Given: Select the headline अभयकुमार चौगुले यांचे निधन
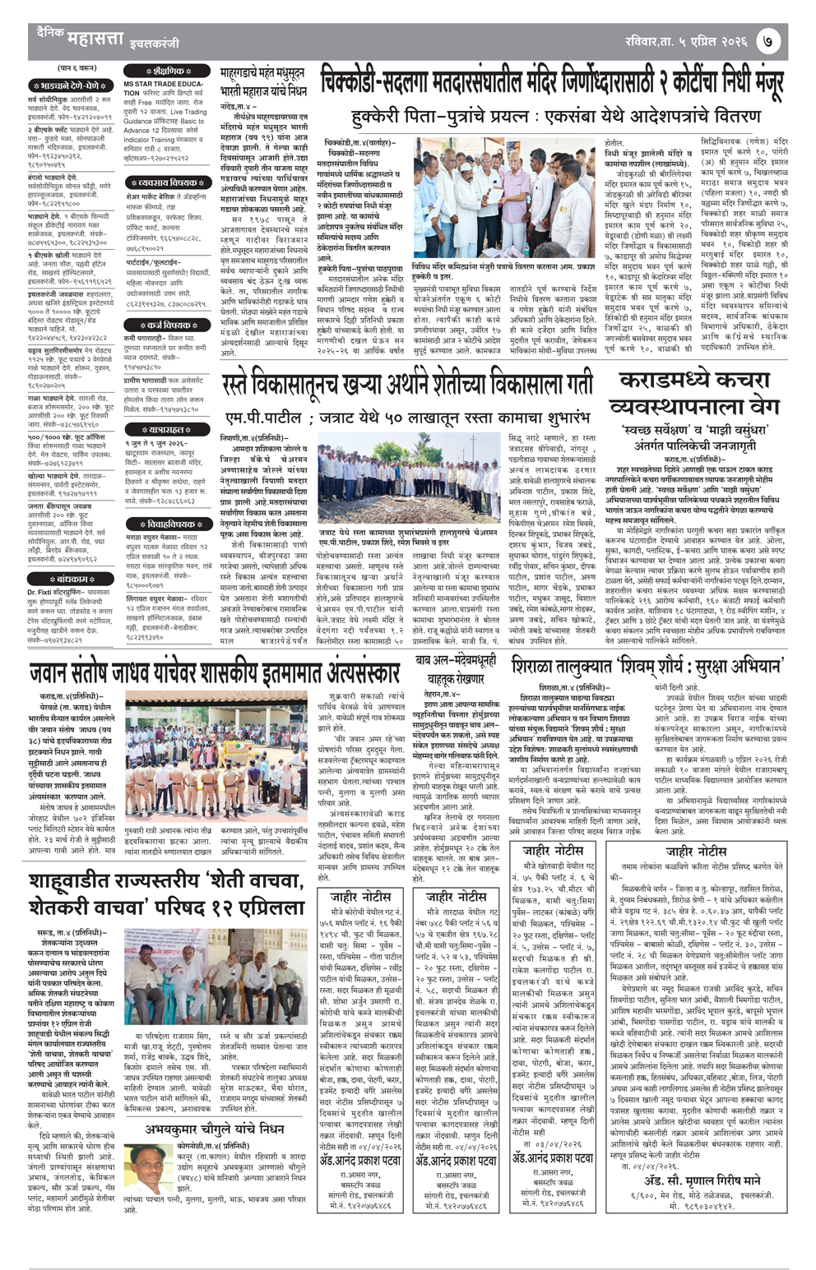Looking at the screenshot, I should (215, 1129).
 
